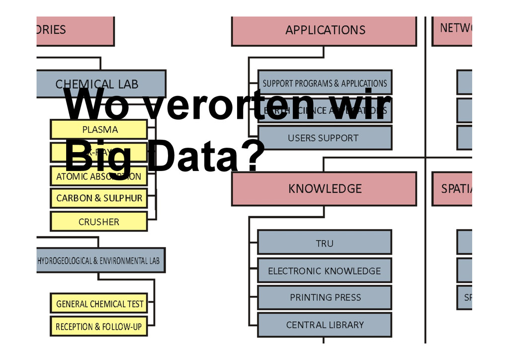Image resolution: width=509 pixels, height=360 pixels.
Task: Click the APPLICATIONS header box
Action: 324,30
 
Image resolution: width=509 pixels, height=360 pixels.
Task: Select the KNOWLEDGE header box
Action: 324,189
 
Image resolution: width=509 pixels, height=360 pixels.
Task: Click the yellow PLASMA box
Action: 99,130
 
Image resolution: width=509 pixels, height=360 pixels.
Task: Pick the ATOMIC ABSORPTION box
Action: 99,177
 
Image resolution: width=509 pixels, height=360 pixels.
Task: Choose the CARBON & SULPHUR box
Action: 99,198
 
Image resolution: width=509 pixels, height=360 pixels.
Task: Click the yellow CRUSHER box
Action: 99,222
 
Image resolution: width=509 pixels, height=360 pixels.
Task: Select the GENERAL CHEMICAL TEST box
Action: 99,303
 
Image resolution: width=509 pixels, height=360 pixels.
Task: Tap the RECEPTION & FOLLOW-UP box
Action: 99,327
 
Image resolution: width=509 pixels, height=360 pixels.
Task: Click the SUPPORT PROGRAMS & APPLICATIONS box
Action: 325,83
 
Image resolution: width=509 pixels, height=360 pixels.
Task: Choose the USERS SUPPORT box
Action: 325,138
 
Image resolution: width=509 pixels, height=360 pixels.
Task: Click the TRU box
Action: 325,243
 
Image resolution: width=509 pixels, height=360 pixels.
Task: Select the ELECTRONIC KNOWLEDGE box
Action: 325,271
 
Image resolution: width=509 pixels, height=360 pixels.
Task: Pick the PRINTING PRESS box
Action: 325,298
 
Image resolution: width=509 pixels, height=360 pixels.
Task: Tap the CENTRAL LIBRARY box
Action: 325,325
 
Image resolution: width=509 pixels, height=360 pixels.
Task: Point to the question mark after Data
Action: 252,155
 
